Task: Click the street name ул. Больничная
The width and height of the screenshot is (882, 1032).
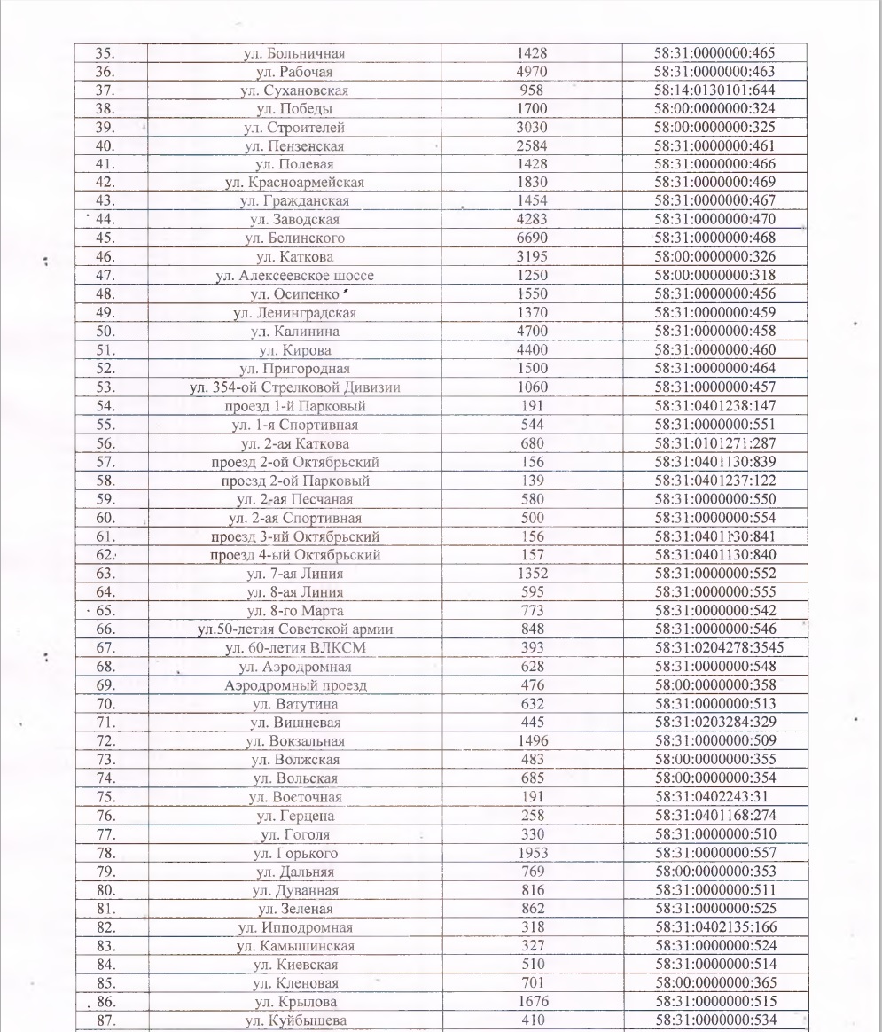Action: click(293, 53)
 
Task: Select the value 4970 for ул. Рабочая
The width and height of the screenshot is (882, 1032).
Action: click(531, 72)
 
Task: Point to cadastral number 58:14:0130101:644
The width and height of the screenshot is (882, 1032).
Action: click(714, 90)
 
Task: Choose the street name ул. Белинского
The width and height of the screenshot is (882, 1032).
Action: click(294, 238)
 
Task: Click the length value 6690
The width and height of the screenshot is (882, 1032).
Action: click(531, 238)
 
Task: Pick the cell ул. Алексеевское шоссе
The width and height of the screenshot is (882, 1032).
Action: click(294, 275)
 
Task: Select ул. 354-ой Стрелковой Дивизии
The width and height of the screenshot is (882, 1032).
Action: click(294, 387)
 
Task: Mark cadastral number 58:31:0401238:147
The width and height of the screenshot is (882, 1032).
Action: click(714, 405)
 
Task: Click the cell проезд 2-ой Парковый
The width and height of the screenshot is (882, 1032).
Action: click(294, 481)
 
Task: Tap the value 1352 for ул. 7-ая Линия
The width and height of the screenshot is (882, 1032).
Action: click(531, 574)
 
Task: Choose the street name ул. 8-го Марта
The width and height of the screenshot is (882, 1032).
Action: click(294, 611)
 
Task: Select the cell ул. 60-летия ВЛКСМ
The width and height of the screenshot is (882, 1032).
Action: click(294, 648)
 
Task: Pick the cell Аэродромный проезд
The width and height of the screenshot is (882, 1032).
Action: click(294, 685)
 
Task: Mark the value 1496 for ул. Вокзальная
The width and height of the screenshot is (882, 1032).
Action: click(531, 740)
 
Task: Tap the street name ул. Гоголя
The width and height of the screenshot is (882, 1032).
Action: click(294, 833)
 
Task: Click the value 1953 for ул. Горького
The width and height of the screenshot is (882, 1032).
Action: click(531, 852)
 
